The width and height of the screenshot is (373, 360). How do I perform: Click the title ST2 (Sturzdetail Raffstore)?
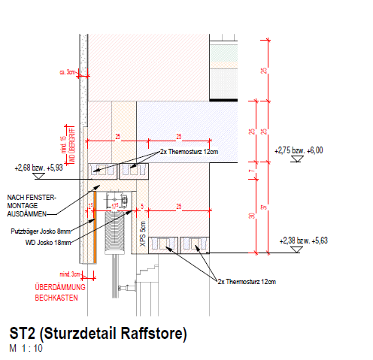tap(98, 333)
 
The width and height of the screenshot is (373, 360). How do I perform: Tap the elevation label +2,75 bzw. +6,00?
tap(299, 150)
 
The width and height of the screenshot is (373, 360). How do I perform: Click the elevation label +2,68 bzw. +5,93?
tap(38, 168)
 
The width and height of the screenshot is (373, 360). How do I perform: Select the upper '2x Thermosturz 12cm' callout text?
tap(188, 152)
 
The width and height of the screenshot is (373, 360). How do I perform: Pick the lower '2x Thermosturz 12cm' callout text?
tap(247, 281)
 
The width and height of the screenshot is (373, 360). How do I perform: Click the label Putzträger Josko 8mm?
tap(41, 232)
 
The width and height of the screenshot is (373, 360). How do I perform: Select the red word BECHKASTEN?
tap(56, 298)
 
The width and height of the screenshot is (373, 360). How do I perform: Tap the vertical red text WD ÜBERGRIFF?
tap(73, 145)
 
